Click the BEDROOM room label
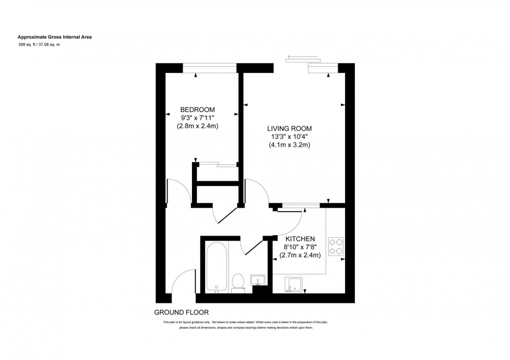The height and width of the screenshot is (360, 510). click(x=197, y=109)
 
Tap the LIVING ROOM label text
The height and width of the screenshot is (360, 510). click(x=289, y=128)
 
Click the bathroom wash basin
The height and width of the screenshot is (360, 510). click(x=258, y=280)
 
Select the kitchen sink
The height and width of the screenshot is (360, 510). click(x=295, y=285)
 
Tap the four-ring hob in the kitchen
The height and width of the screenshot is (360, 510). click(x=336, y=247)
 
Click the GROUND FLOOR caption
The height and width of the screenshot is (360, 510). click(x=181, y=313)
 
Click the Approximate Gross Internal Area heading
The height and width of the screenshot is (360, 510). click(x=55, y=37)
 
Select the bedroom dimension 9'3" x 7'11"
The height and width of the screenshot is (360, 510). click(x=197, y=118)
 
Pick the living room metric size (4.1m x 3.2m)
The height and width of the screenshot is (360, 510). click(x=289, y=145)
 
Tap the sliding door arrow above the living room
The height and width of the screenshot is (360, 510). click(x=302, y=57)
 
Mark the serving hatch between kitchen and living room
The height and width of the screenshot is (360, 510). click(x=298, y=206)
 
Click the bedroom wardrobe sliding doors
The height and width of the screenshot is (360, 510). click(x=218, y=165)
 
